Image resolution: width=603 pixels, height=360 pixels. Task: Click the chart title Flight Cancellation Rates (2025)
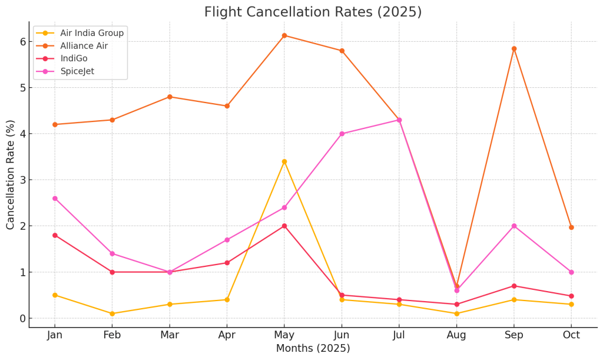(313, 12)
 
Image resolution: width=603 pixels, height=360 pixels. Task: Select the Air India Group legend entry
(91, 33)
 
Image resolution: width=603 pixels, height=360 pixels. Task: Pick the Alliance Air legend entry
(84, 46)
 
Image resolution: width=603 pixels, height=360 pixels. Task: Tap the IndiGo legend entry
(74, 58)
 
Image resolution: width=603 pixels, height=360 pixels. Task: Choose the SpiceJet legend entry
(77, 71)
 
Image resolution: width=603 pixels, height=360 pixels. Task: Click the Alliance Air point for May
(284, 35)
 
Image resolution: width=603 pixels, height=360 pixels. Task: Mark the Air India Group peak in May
(284, 161)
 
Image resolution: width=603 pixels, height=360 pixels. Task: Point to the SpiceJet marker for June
(342, 134)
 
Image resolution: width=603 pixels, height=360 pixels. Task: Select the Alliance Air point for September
(514, 49)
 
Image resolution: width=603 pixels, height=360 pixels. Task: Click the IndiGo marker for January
(55, 235)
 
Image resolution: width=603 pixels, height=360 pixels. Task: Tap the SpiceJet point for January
(55, 199)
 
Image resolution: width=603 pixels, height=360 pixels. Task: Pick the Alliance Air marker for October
(571, 227)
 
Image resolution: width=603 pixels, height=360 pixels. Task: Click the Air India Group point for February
(112, 313)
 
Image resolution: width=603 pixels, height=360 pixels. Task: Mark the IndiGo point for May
(284, 226)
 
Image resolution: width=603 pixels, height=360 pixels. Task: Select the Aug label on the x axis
(456, 335)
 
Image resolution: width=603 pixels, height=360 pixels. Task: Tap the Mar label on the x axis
(170, 335)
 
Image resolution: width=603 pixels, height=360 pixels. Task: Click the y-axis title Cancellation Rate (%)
(10, 174)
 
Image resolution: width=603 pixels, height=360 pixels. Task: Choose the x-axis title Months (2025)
(313, 349)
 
